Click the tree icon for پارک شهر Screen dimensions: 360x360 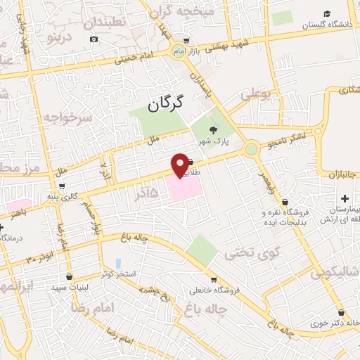pos(214,128)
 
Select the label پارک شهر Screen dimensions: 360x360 pos(213,141)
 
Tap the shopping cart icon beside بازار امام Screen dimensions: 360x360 pos(185,41)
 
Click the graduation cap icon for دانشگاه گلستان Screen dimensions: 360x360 pos(326,14)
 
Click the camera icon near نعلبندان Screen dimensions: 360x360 pos(94,39)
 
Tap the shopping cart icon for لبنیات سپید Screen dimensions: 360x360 pos(69,277)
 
